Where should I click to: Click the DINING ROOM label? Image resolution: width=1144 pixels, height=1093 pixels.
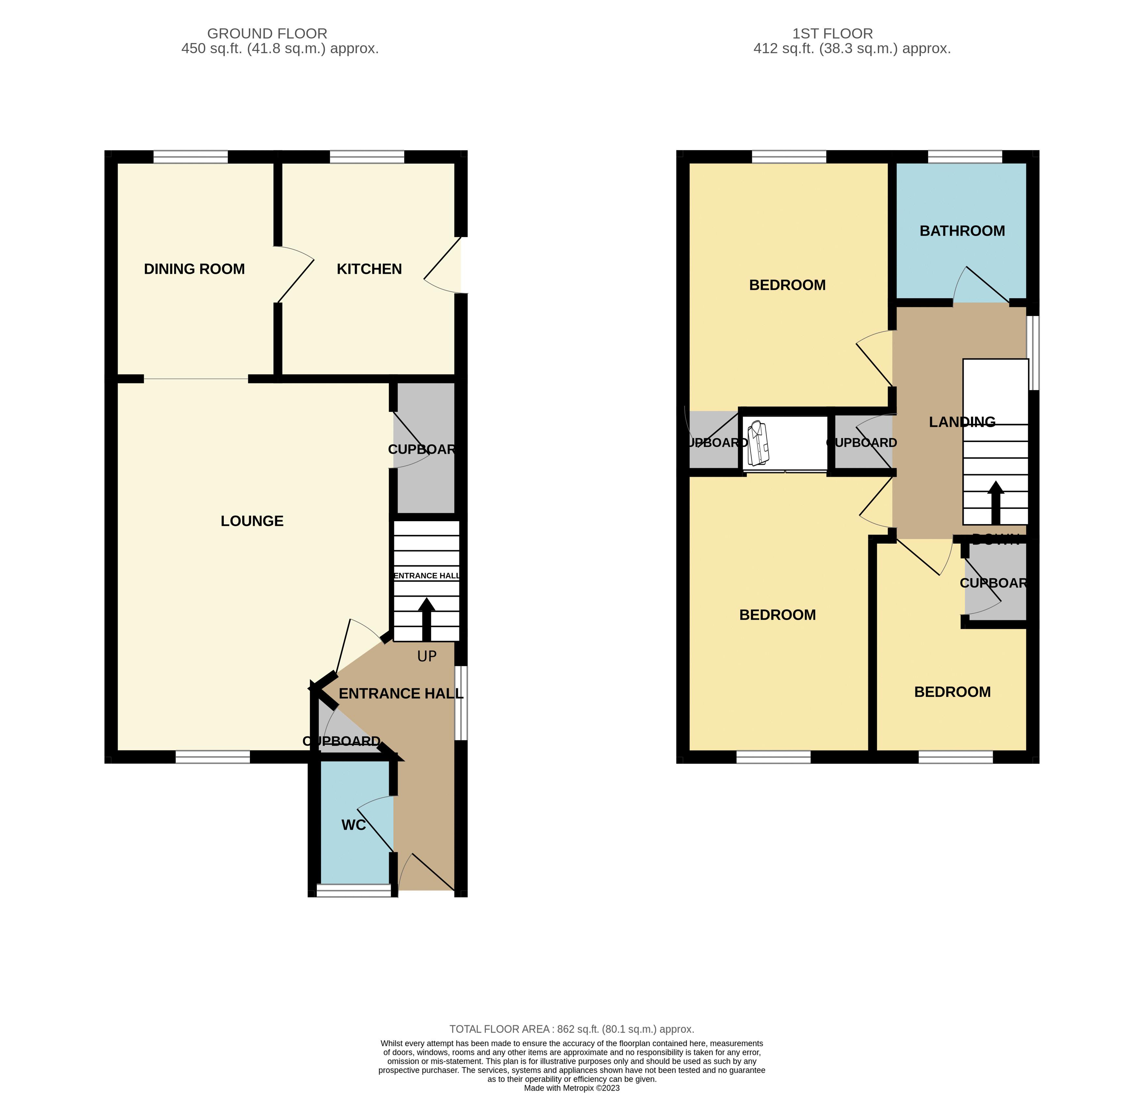[194, 269]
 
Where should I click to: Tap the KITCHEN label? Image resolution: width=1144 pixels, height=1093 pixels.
[369, 269]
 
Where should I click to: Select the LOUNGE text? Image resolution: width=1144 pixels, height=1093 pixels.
[252, 521]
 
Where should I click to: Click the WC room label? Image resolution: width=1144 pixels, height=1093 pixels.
[353, 825]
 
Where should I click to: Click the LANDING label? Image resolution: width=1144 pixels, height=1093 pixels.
[962, 422]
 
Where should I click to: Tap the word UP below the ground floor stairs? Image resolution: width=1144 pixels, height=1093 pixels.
[427, 657]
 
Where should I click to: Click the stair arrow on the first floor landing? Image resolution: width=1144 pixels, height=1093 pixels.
[995, 502]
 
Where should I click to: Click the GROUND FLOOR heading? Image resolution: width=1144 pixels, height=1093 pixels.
[267, 34]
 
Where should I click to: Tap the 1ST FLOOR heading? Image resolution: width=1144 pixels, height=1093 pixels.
[832, 34]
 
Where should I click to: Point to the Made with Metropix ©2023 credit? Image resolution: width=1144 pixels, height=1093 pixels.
[572, 1088]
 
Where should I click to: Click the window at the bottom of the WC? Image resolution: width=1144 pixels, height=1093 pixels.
[354, 890]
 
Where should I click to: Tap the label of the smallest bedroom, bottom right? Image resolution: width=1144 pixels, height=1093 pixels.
[952, 692]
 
